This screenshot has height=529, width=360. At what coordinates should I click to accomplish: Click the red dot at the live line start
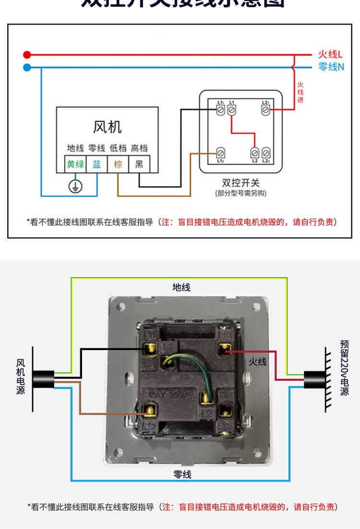tap(27, 55)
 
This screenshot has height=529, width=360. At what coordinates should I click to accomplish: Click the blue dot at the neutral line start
tap(27, 67)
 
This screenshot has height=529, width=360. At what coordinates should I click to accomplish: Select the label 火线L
tap(331, 55)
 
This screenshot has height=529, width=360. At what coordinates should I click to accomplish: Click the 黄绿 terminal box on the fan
tap(75, 165)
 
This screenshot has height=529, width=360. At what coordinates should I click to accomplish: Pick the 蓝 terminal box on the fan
tap(97, 165)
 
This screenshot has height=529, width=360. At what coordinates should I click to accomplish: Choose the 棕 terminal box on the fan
tap(118, 165)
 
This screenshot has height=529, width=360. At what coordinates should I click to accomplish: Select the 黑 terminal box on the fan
tap(139, 165)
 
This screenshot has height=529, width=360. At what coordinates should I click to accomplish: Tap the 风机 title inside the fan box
tap(107, 127)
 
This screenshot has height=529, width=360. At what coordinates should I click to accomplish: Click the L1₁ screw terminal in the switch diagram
tap(221, 110)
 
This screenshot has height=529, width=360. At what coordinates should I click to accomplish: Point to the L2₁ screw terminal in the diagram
tap(264, 110)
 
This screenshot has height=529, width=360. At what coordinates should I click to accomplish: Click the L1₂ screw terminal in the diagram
tap(221, 153)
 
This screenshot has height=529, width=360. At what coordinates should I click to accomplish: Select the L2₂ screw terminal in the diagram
tap(265, 153)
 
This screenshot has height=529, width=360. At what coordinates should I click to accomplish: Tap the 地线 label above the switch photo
tap(181, 287)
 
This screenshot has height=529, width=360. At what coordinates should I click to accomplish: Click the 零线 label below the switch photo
tap(182, 474)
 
